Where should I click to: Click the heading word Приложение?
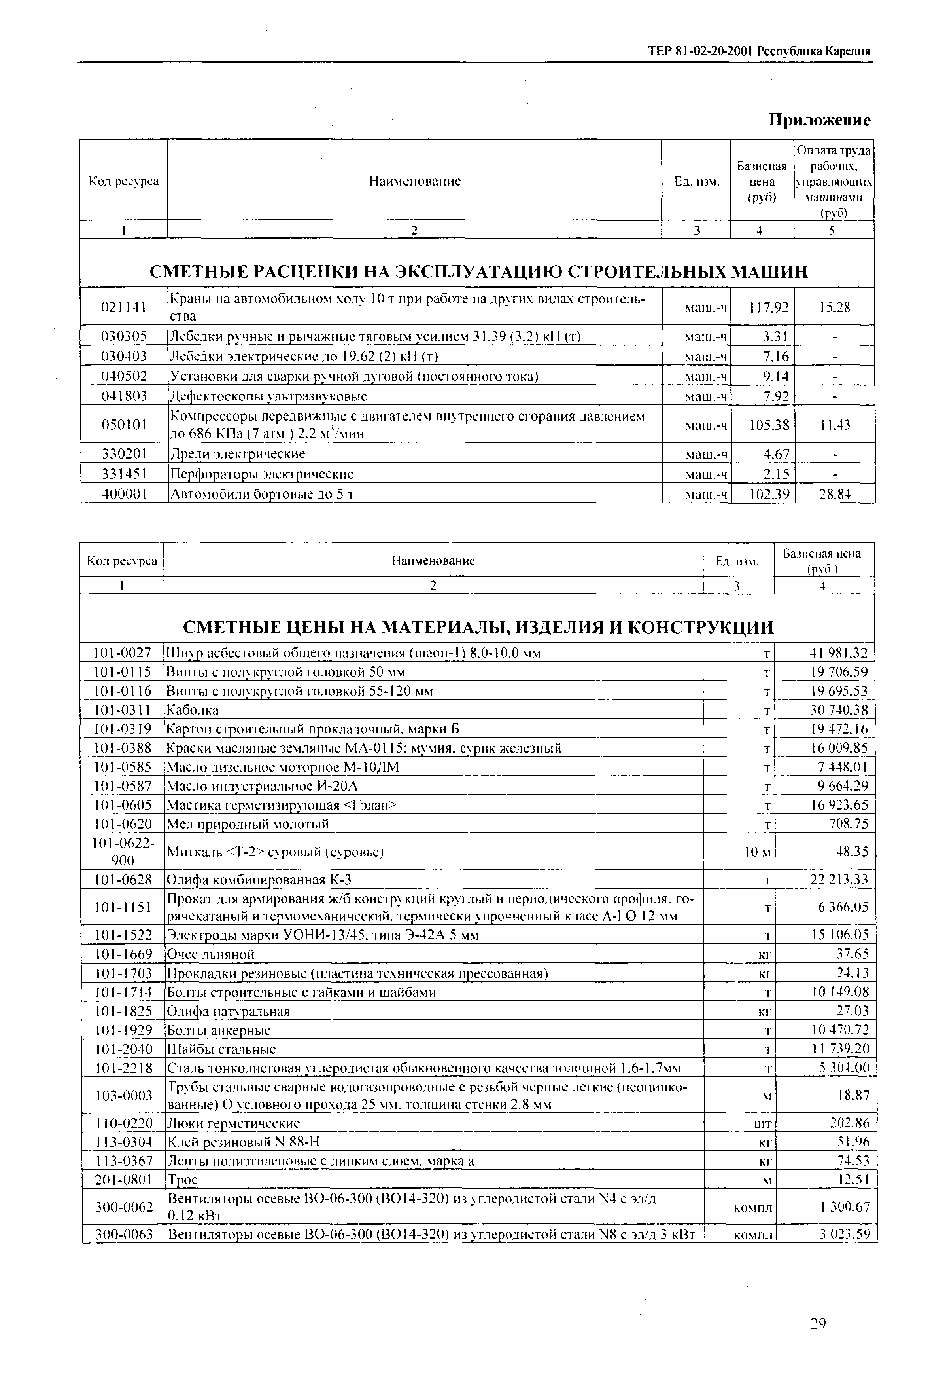coord(819,120)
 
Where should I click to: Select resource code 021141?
coord(124,307)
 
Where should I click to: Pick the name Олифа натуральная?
coord(229,1011)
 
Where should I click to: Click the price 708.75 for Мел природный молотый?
coord(849,824)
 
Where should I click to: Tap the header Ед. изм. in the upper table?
coord(697,181)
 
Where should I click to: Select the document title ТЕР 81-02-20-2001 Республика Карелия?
coord(759,51)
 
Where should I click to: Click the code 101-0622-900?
coord(123,852)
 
